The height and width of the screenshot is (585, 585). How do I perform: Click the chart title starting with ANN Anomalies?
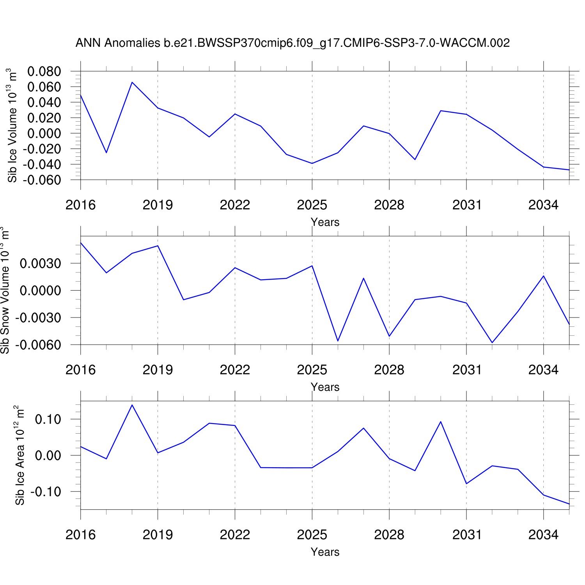pos(292,43)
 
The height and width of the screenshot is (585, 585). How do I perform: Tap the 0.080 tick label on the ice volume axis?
pos(44,71)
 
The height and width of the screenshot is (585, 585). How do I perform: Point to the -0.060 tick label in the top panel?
pos(42,180)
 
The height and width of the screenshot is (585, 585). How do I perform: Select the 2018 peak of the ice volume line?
pos(132,82)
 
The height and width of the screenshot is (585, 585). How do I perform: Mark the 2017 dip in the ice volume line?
pos(106,152)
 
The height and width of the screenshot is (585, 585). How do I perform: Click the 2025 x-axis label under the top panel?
pos(312,205)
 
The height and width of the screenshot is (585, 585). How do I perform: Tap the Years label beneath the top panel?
pos(325,222)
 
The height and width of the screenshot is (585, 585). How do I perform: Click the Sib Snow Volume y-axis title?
pos(5,291)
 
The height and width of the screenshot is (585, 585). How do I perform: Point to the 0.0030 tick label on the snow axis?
pos(41,264)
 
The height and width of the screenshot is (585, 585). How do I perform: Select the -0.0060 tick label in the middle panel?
pos(38,345)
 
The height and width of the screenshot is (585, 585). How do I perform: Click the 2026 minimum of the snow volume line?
pos(338,341)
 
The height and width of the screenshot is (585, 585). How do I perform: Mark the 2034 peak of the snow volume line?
pos(543,276)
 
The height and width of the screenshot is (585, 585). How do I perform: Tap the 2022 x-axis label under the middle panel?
pos(235,370)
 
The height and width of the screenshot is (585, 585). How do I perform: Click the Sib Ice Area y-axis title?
pos(20,455)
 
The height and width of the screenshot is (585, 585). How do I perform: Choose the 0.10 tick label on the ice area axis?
pos(48,419)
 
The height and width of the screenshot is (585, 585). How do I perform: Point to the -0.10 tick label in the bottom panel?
pos(46,492)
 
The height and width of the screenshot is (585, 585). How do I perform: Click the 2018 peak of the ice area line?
pos(132,405)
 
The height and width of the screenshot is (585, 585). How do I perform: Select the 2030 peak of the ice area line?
pos(441,422)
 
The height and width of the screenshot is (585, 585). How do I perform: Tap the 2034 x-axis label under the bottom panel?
pos(543,535)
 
